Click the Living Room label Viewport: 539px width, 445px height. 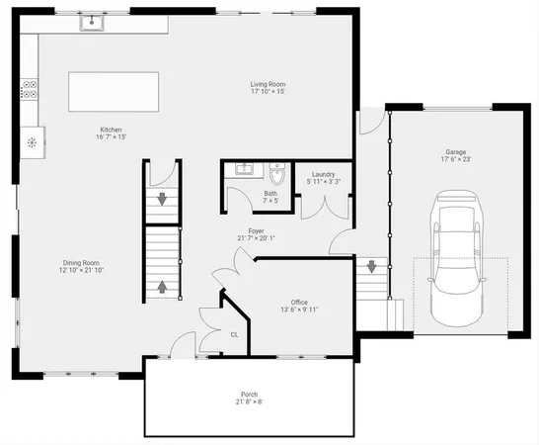pos(268,85)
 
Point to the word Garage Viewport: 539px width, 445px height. pos(454,152)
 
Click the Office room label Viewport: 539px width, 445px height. pos(299,302)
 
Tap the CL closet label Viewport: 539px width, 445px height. pos(234,334)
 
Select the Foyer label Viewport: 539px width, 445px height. pos(256,230)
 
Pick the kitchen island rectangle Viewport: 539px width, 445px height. pos(114,92)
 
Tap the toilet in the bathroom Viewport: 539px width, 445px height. pos(277,176)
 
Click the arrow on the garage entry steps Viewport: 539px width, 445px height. pos(372,266)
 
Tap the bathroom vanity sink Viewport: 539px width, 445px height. pos(241,171)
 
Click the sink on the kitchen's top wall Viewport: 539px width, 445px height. pos(96,20)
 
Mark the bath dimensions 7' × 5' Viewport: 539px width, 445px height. pos(270,201)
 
